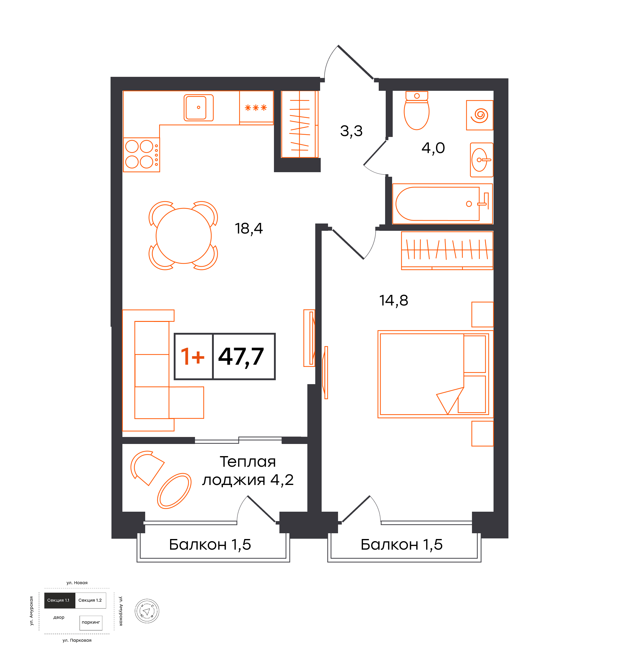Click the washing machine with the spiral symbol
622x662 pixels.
(480, 115)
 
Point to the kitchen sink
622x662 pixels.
(198, 107)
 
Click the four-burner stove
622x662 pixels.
(142, 155)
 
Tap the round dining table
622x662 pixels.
(183, 236)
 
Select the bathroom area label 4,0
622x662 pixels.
(433, 148)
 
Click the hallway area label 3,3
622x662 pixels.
(351, 131)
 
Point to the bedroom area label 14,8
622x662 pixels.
(394, 301)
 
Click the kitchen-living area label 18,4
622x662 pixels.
(249, 229)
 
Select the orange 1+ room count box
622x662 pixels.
(193, 356)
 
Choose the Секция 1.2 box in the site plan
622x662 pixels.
(91, 600)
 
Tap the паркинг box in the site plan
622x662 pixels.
(91, 623)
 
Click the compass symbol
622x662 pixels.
(147, 611)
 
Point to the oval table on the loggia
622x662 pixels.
(174, 491)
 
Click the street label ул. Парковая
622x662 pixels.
(77, 640)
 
